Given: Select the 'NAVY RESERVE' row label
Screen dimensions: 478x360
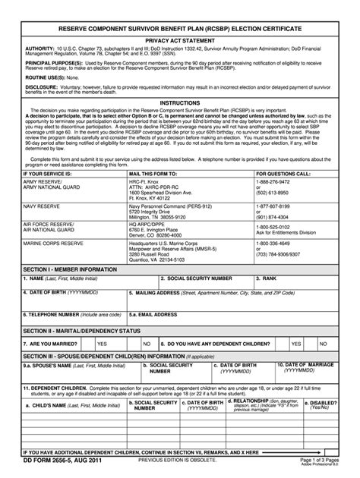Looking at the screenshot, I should coord(38,206).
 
